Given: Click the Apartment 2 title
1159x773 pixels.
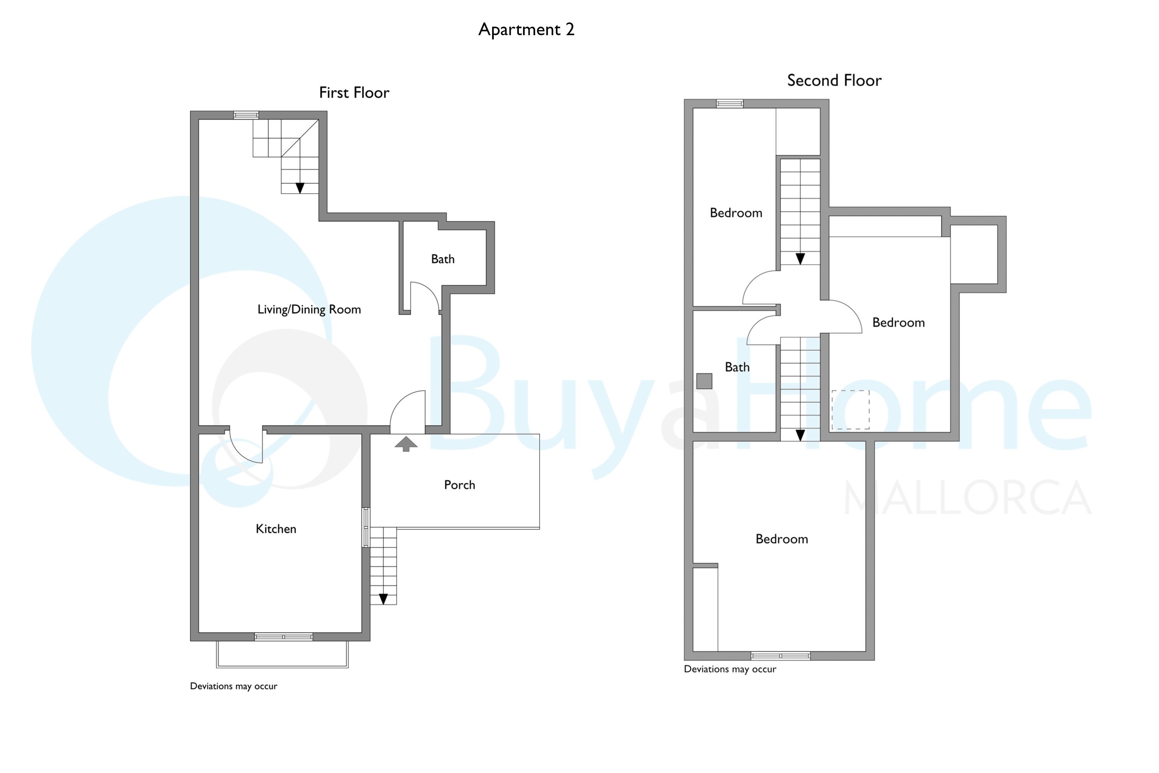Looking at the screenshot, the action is point(526,30).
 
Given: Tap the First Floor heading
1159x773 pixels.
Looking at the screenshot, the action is point(354,93).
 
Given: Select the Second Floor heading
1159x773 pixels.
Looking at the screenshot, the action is point(834,80).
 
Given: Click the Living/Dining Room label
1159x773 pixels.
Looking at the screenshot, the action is point(309,309).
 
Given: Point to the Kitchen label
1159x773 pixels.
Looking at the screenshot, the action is point(276,529).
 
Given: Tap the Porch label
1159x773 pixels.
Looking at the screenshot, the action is point(459,485).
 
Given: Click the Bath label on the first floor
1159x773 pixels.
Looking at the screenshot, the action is point(442,259).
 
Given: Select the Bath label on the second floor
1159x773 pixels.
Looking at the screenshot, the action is point(737,367).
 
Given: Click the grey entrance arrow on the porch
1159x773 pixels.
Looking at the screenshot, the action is point(406,444).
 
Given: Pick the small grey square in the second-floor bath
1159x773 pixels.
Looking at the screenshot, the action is point(704,381).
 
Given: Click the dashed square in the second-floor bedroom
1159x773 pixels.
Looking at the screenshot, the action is point(851,410).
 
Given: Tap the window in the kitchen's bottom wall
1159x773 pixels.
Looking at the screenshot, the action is point(283,637).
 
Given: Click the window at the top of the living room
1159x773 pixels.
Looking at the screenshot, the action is point(246,115).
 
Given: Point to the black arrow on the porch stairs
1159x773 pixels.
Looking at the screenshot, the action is point(383,599).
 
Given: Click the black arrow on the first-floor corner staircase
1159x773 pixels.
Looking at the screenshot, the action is point(300,188).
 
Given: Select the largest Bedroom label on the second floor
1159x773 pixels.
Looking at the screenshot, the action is point(782,539).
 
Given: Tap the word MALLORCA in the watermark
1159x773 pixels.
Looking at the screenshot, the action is point(968,498).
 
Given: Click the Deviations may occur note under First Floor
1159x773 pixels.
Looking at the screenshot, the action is point(234,686).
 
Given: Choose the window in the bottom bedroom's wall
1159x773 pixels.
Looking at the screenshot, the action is point(780,656).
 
